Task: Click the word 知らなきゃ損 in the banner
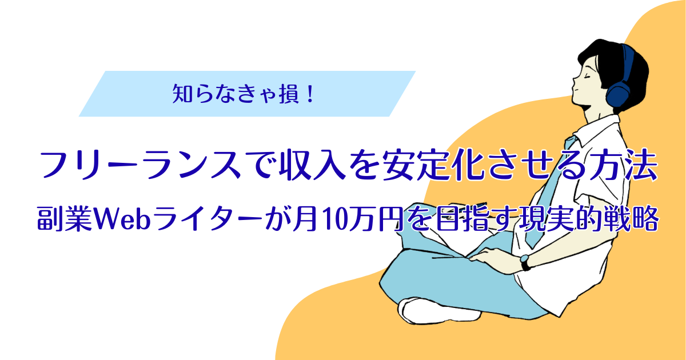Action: [x=236, y=94]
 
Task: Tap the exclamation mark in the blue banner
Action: [x=310, y=94]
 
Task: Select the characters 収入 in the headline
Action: [x=313, y=165]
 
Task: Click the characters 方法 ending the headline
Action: [x=624, y=165]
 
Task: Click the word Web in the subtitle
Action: [x=122, y=219]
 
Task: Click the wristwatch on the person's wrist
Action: [x=525, y=263]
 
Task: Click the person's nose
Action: [x=575, y=82]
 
